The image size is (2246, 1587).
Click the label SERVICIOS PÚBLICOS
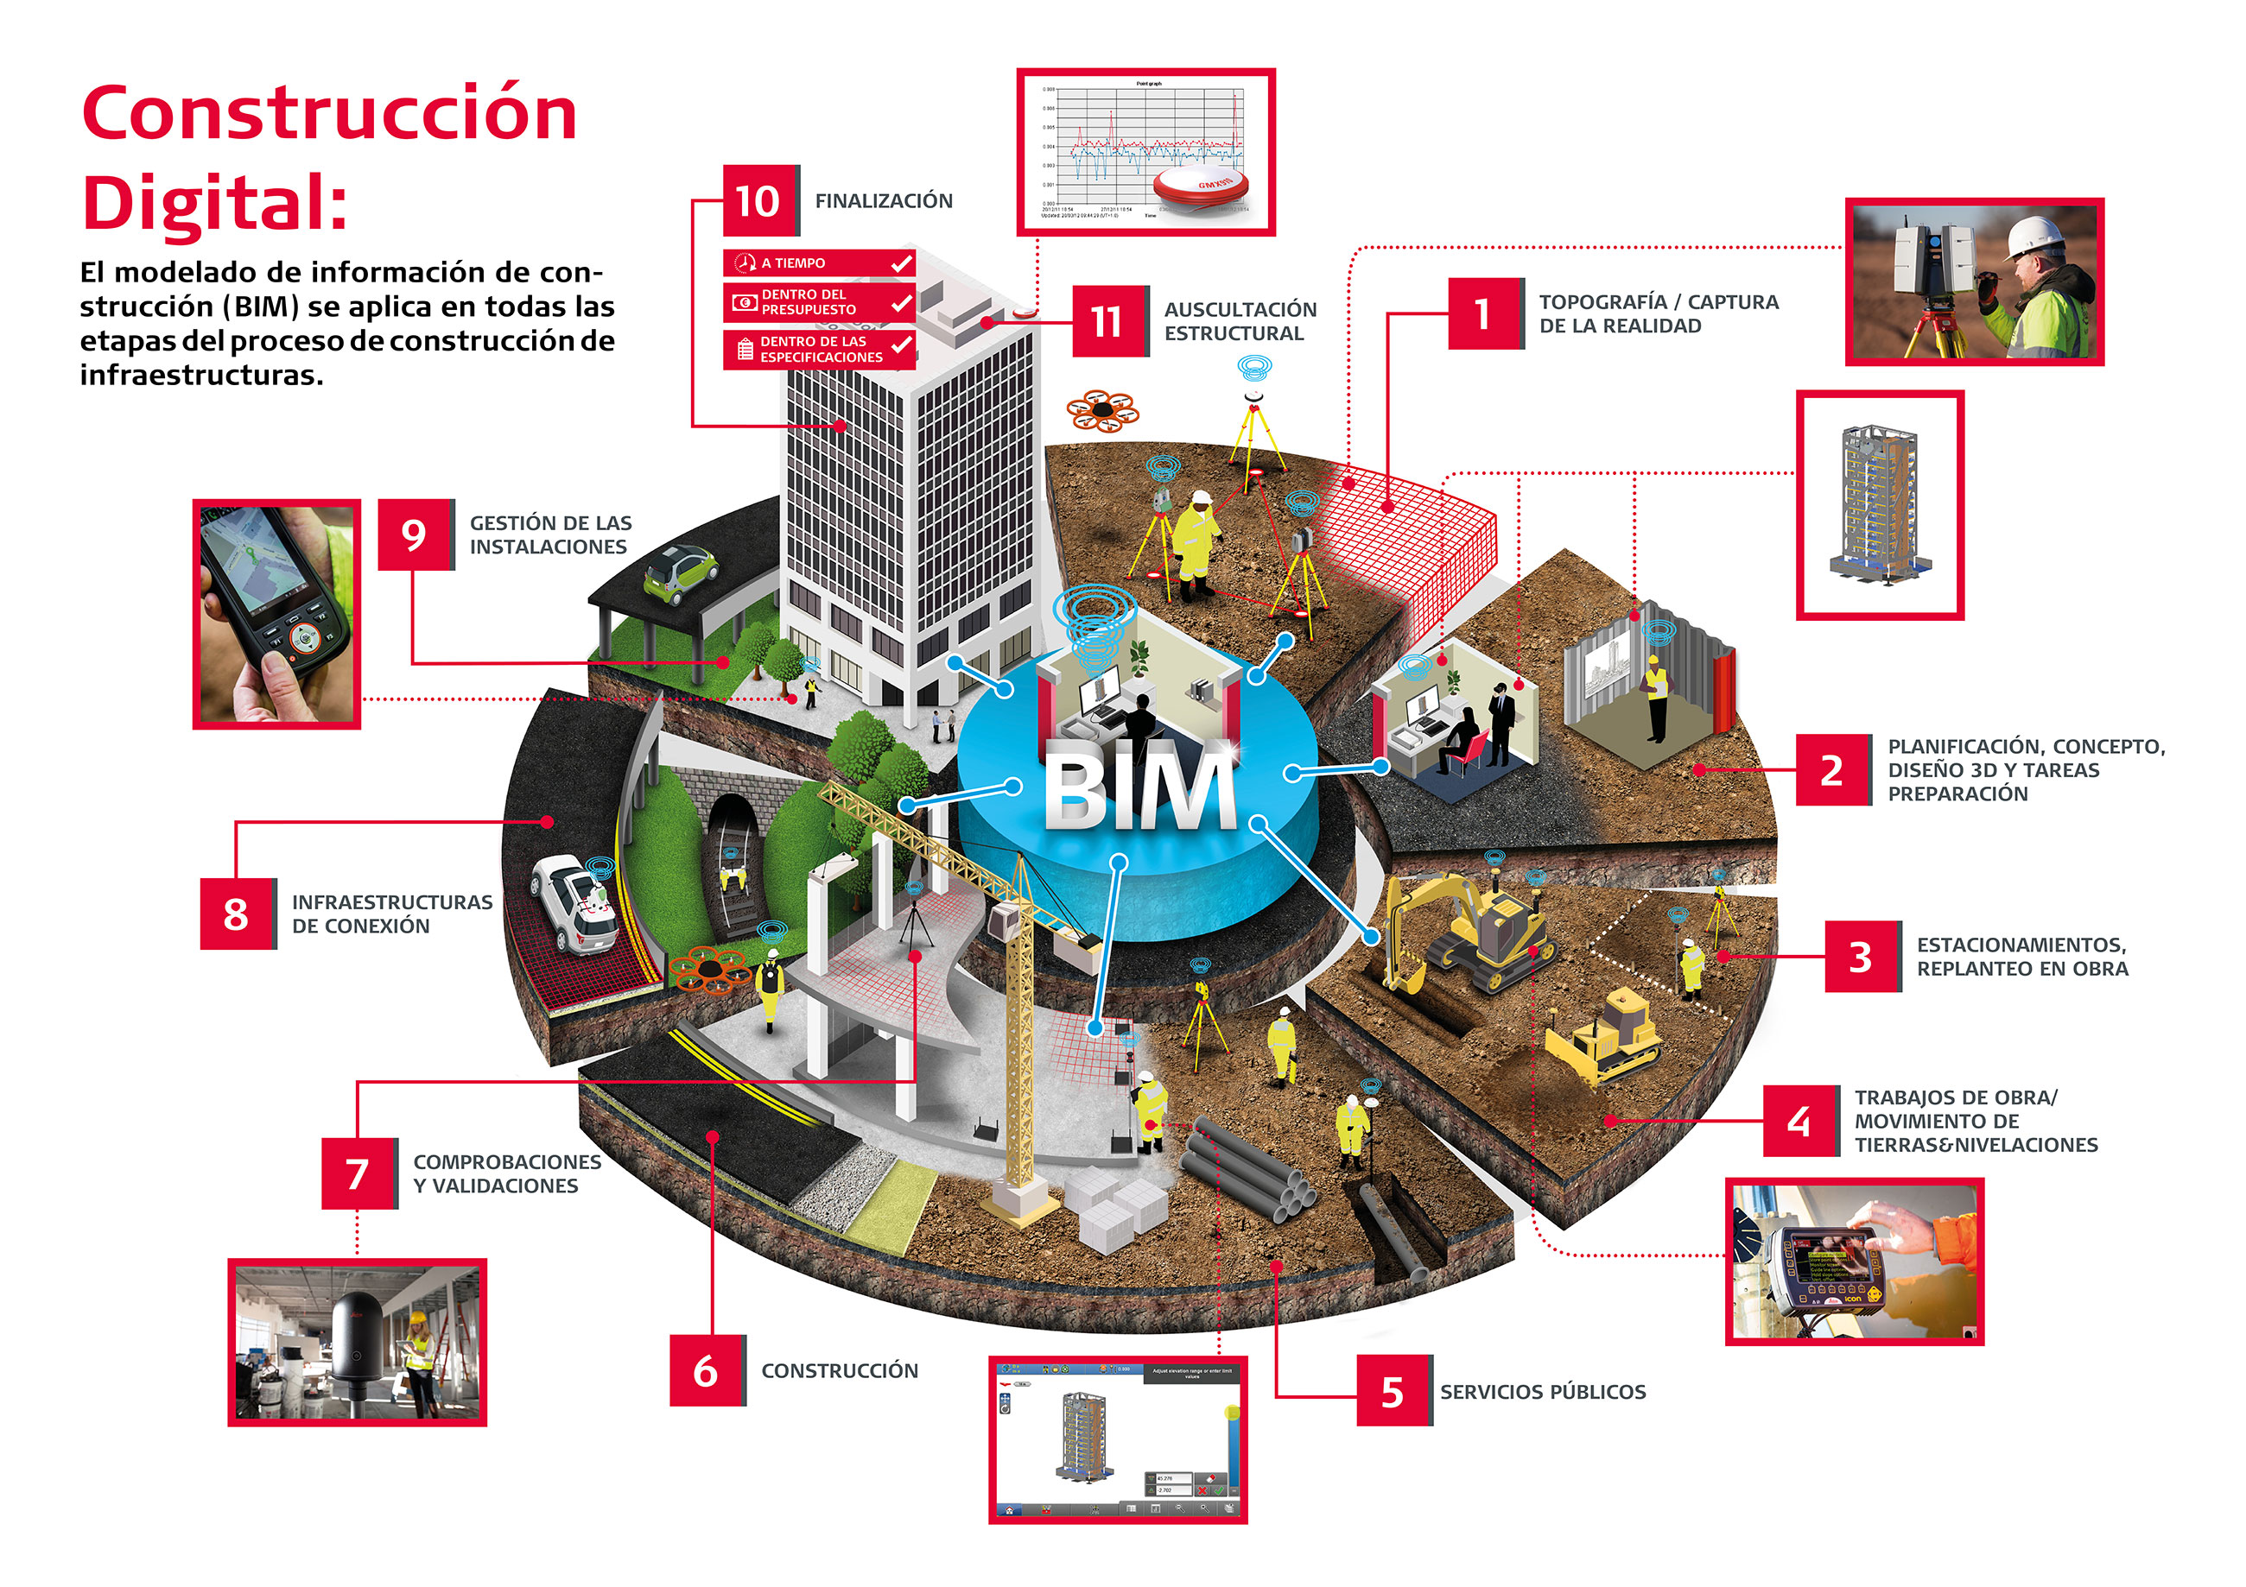pos(1543,1392)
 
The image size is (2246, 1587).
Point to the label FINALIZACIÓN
pos(884,200)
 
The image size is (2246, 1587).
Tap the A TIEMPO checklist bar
pos(819,263)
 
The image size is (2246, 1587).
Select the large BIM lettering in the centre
pos(1139,787)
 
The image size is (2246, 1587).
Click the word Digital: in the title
pos(215,204)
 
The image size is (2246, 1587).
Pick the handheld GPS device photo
pos(276,614)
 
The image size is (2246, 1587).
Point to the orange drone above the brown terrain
pos(1102,410)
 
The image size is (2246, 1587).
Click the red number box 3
pos(1862,957)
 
